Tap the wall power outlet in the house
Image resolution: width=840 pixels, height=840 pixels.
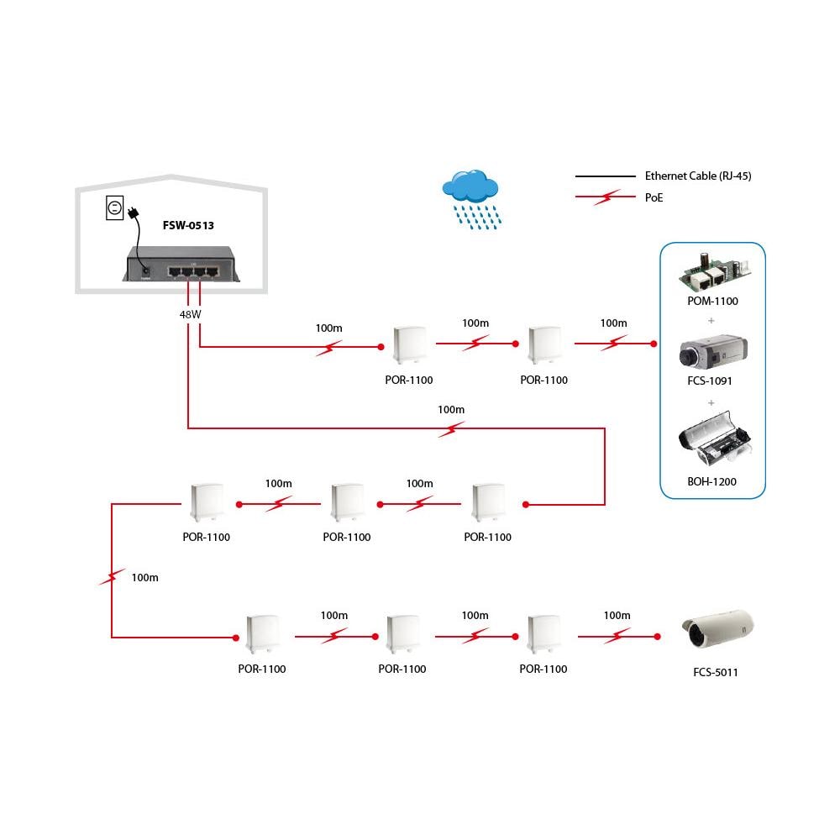click(x=115, y=207)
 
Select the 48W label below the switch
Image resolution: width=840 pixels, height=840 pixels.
click(x=190, y=313)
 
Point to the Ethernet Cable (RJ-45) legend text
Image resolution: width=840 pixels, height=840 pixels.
click(x=697, y=176)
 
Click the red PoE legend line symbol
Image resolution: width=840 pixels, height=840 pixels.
click(x=605, y=198)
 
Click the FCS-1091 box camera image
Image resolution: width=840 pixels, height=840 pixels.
click(x=711, y=353)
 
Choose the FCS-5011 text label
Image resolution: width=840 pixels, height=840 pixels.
click(x=716, y=672)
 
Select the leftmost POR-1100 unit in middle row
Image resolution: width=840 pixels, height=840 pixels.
click(x=206, y=502)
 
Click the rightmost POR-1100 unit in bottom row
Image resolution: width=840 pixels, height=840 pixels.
click(x=543, y=634)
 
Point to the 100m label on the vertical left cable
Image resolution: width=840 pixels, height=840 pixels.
click(x=144, y=578)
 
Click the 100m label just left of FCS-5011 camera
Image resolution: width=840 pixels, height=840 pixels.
click(x=617, y=616)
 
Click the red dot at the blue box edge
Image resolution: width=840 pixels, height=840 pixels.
click(x=653, y=344)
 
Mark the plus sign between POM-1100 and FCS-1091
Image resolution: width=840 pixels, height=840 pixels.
click(x=711, y=320)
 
